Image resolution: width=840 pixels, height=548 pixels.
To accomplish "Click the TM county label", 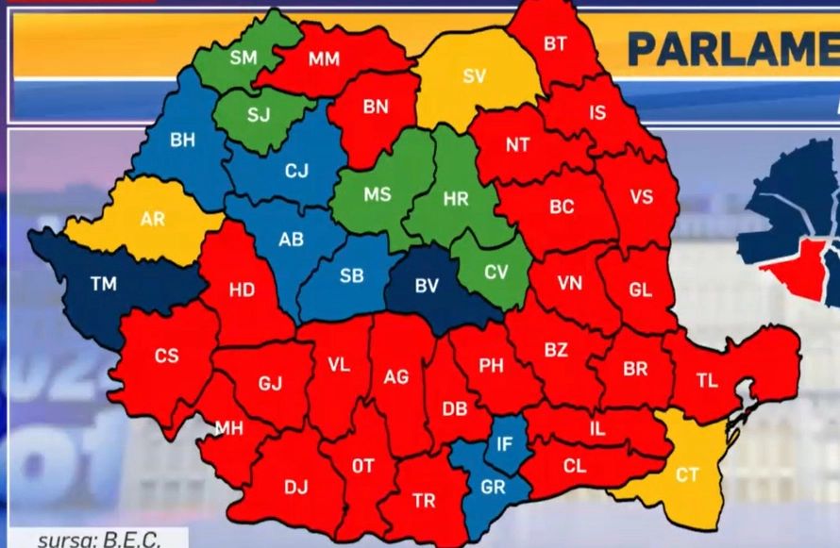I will point(103,283).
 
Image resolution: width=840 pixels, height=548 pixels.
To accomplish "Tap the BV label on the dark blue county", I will point(427,287).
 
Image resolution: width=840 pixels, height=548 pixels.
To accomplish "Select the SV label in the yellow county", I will point(474,76).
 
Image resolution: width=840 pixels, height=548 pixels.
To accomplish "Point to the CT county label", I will point(687,474).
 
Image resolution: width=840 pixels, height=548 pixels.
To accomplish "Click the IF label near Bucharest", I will point(505,441).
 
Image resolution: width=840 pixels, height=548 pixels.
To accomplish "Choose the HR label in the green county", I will point(456,200).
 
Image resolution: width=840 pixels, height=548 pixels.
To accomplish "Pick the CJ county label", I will point(296,172).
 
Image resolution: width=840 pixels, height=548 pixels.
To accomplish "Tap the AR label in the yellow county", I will point(152,219).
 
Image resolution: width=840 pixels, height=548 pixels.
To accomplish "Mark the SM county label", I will point(243,58).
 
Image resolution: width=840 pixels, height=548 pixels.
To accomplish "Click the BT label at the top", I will point(555,43).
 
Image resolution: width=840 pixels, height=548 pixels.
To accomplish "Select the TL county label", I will point(707,381).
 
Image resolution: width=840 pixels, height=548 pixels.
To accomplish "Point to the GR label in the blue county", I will point(493,489).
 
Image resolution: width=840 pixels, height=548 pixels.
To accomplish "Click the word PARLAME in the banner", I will point(731,50).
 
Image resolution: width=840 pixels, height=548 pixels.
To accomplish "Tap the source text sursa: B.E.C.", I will point(98,540).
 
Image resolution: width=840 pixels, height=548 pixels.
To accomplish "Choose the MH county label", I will point(228,429).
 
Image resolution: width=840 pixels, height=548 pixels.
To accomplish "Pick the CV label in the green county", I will point(496,272).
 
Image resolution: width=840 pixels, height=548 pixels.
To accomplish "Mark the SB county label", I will point(351,275).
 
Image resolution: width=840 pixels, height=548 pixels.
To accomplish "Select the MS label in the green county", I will point(378,194).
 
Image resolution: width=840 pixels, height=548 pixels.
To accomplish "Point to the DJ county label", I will point(296,487).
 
